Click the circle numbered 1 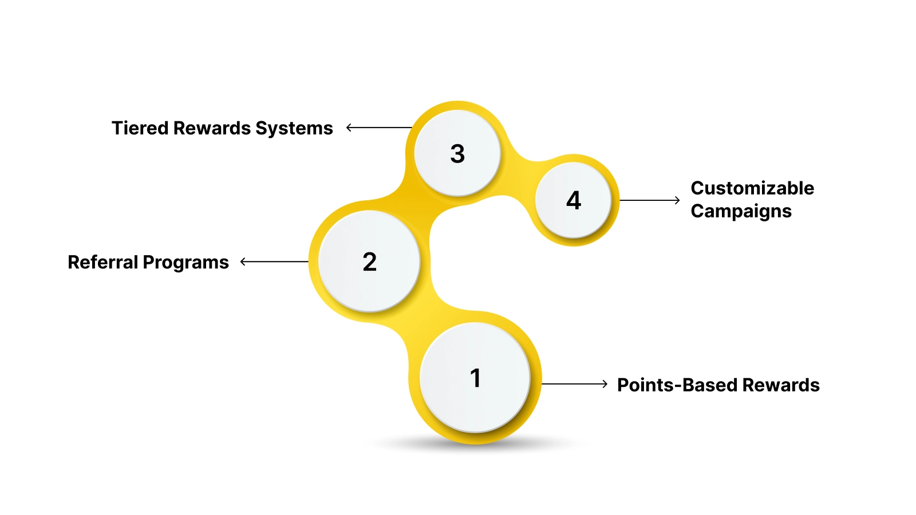click(x=475, y=378)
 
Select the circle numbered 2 click(x=369, y=262)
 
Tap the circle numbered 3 click(x=457, y=153)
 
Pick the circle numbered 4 click(x=573, y=200)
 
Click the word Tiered click(x=140, y=128)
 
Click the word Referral click(x=102, y=262)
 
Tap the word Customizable click(x=752, y=188)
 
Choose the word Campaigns click(x=741, y=211)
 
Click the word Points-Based click(x=677, y=385)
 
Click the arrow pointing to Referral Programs click(x=274, y=262)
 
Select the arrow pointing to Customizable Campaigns click(x=650, y=200)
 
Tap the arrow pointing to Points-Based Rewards click(x=574, y=384)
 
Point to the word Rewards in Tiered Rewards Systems click(x=212, y=128)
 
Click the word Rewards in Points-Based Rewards click(x=781, y=385)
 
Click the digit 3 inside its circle click(x=457, y=153)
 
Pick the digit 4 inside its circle click(x=573, y=200)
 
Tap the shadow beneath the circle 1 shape click(x=475, y=445)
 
